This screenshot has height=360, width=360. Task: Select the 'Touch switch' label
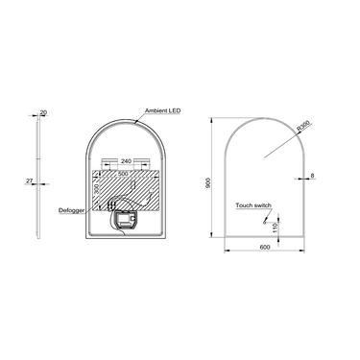(252, 205)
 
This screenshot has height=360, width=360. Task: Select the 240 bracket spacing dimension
(125, 161)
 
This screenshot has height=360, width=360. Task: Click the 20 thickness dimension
(43, 112)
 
